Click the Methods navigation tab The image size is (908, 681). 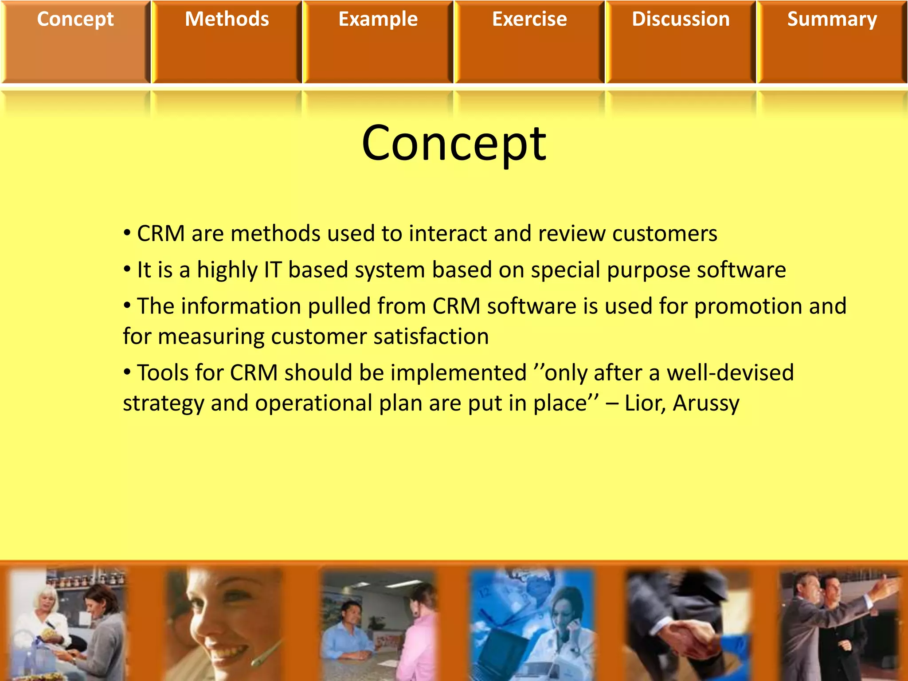[227, 20]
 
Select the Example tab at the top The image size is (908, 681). [378, 20]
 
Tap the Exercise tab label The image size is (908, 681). [529, 20]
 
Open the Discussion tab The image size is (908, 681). [681, 20]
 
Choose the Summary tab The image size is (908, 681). [832, 20]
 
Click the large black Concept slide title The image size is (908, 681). [454, 143]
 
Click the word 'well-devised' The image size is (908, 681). [730, 373]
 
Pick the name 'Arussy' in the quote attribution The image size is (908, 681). [706, 403]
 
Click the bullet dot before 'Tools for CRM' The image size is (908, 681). [127, 372]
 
